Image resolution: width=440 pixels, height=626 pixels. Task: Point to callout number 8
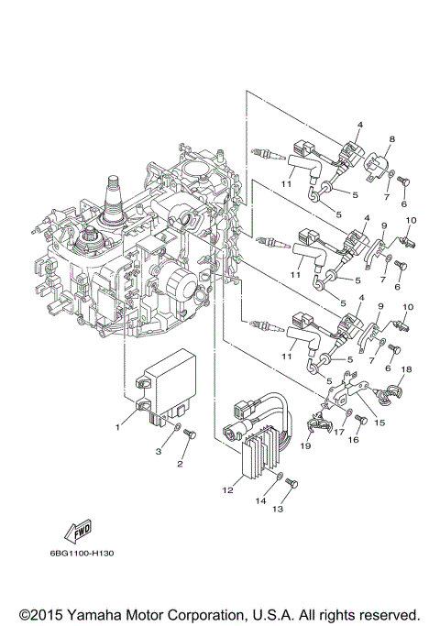tap(391, 139)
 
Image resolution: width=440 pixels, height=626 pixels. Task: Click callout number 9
tap(385, 225)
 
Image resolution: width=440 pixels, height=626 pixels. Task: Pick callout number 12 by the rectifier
tap(224, 490)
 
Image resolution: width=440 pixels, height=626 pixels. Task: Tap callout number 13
tap(278, 509)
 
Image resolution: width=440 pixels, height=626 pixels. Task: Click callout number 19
tap(306, 445)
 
